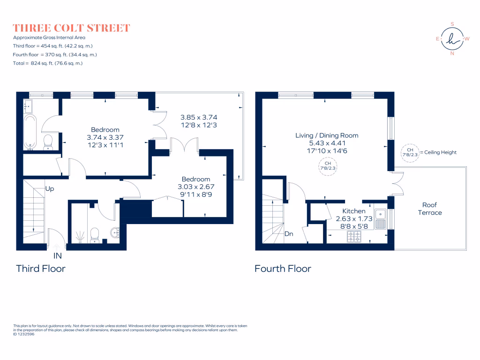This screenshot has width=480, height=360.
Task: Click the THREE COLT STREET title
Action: pyautogui.click(x=71, y=28)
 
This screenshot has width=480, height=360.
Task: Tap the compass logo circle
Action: pyautogui.click(x=452, y=39)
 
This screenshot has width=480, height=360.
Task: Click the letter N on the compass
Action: pyautogui.click(x=452, y=53)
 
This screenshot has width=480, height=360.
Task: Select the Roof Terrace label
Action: pyautogui.click(x=430, y=209)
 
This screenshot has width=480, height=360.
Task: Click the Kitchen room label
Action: pyautogui.click(x=354, y=211)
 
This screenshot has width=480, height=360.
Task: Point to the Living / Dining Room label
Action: pyautogui.click(x=327, y=135)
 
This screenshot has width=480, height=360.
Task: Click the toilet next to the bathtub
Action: pyautogui.click(x=48, y=142)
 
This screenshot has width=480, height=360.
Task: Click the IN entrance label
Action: pyautogui.click(x=58, y=256)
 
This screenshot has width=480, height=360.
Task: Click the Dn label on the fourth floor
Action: pyautogui.click(x=289, y=233)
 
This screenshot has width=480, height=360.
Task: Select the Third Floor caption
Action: pyautogui.click(x=41, y=269)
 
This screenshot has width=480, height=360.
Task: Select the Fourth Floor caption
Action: pyautogui.click(x=283, y=269)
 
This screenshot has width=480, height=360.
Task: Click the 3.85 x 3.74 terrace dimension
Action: pyautogui.click(x=199, y=117)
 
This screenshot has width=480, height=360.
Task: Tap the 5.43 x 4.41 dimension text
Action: pyautogui.click(x=327, y=143)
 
